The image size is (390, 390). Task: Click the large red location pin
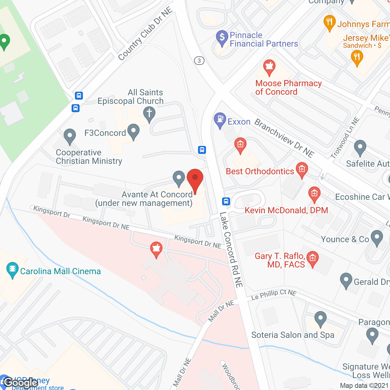point(195,180)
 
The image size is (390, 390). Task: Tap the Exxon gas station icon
point(220,120)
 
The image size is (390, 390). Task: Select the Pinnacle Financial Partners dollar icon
point(222,38)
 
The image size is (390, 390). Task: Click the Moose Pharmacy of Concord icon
point(269,67)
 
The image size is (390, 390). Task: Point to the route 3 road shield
point(199,61)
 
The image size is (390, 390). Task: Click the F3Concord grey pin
point(133,131)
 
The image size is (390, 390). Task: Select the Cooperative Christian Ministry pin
point(70,136)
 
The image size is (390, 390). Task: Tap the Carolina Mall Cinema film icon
point(12,269)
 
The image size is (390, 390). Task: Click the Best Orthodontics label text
point(260,171)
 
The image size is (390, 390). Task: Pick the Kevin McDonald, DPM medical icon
point(314,194)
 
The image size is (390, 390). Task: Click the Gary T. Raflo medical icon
point(312,258)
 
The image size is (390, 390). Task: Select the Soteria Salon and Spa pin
point(320,319)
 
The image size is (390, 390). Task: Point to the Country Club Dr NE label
point(145,34)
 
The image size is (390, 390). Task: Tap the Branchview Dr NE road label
point(284,138)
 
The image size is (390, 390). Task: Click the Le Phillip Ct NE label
point(274,294)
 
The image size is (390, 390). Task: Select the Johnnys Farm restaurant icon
point(329,22)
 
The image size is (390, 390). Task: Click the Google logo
point(21,382)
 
